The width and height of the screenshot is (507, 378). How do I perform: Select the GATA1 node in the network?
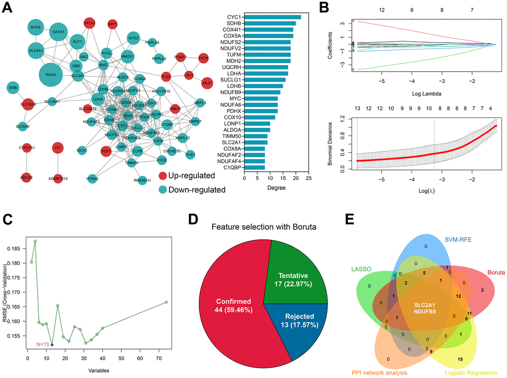[x=58, y=32]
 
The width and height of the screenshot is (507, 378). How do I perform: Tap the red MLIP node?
[x=207, y=84]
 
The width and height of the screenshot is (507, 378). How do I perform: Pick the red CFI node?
[x=58, y=148]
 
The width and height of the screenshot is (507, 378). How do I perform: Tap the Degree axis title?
[x=277, y=189]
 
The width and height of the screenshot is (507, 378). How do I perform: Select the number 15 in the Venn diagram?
[x=460, y=359]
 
